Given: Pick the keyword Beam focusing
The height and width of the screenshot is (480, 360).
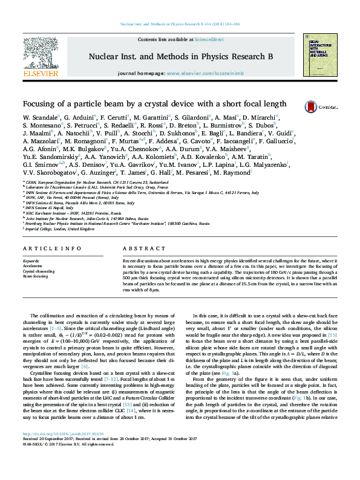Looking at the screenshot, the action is pyautogui.click(x=35, y=276).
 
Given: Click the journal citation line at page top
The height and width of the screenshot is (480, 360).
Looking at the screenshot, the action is pyautogui.click(x=180, y=24).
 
